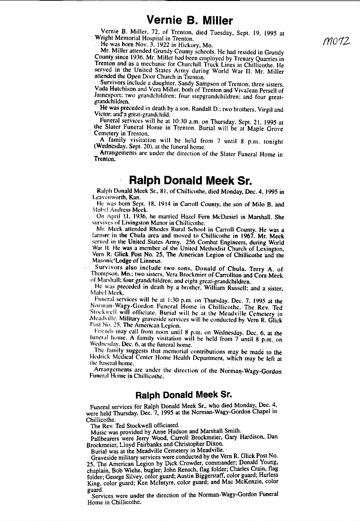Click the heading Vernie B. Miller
click(x=189, y=20)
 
